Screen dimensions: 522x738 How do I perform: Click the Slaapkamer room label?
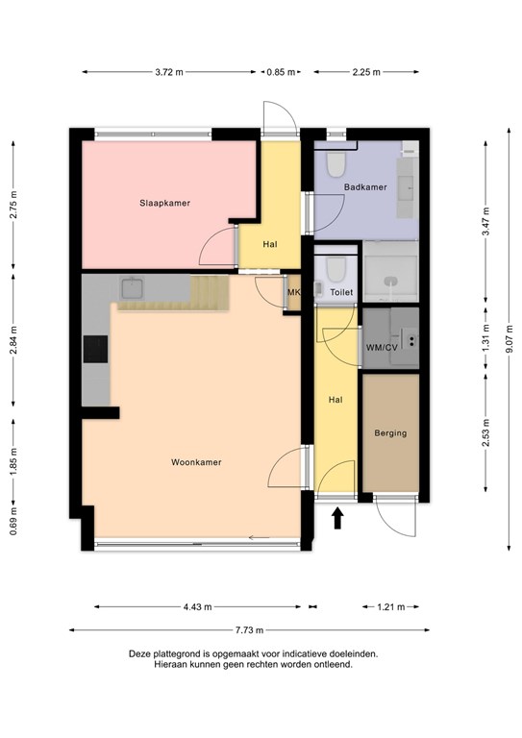point(164,203)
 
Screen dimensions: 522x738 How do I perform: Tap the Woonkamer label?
point(196,462)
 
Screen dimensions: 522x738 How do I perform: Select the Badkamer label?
point(365,186)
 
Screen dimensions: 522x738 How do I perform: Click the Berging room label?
point(390,433)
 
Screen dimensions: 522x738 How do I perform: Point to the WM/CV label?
point(382,348)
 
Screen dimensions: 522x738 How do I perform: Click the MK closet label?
point(293,292)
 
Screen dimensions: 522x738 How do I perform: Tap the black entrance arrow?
point(337,518)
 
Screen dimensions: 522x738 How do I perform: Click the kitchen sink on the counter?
point(133,288)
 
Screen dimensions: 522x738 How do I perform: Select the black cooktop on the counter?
point(95,349)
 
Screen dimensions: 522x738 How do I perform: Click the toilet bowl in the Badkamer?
point(336,164)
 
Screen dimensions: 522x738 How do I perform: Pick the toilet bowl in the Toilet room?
point(336,269)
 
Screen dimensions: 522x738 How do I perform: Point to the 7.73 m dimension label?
point(250,629)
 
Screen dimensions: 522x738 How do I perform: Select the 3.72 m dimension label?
point(169,72)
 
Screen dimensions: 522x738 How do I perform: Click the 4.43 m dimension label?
point(197,606)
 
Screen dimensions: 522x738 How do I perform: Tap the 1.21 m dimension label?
point(390,606)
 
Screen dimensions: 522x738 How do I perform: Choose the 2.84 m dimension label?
point(13,340)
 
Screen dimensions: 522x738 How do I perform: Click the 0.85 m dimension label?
point(281,72)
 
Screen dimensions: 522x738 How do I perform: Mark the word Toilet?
point(341,292)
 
